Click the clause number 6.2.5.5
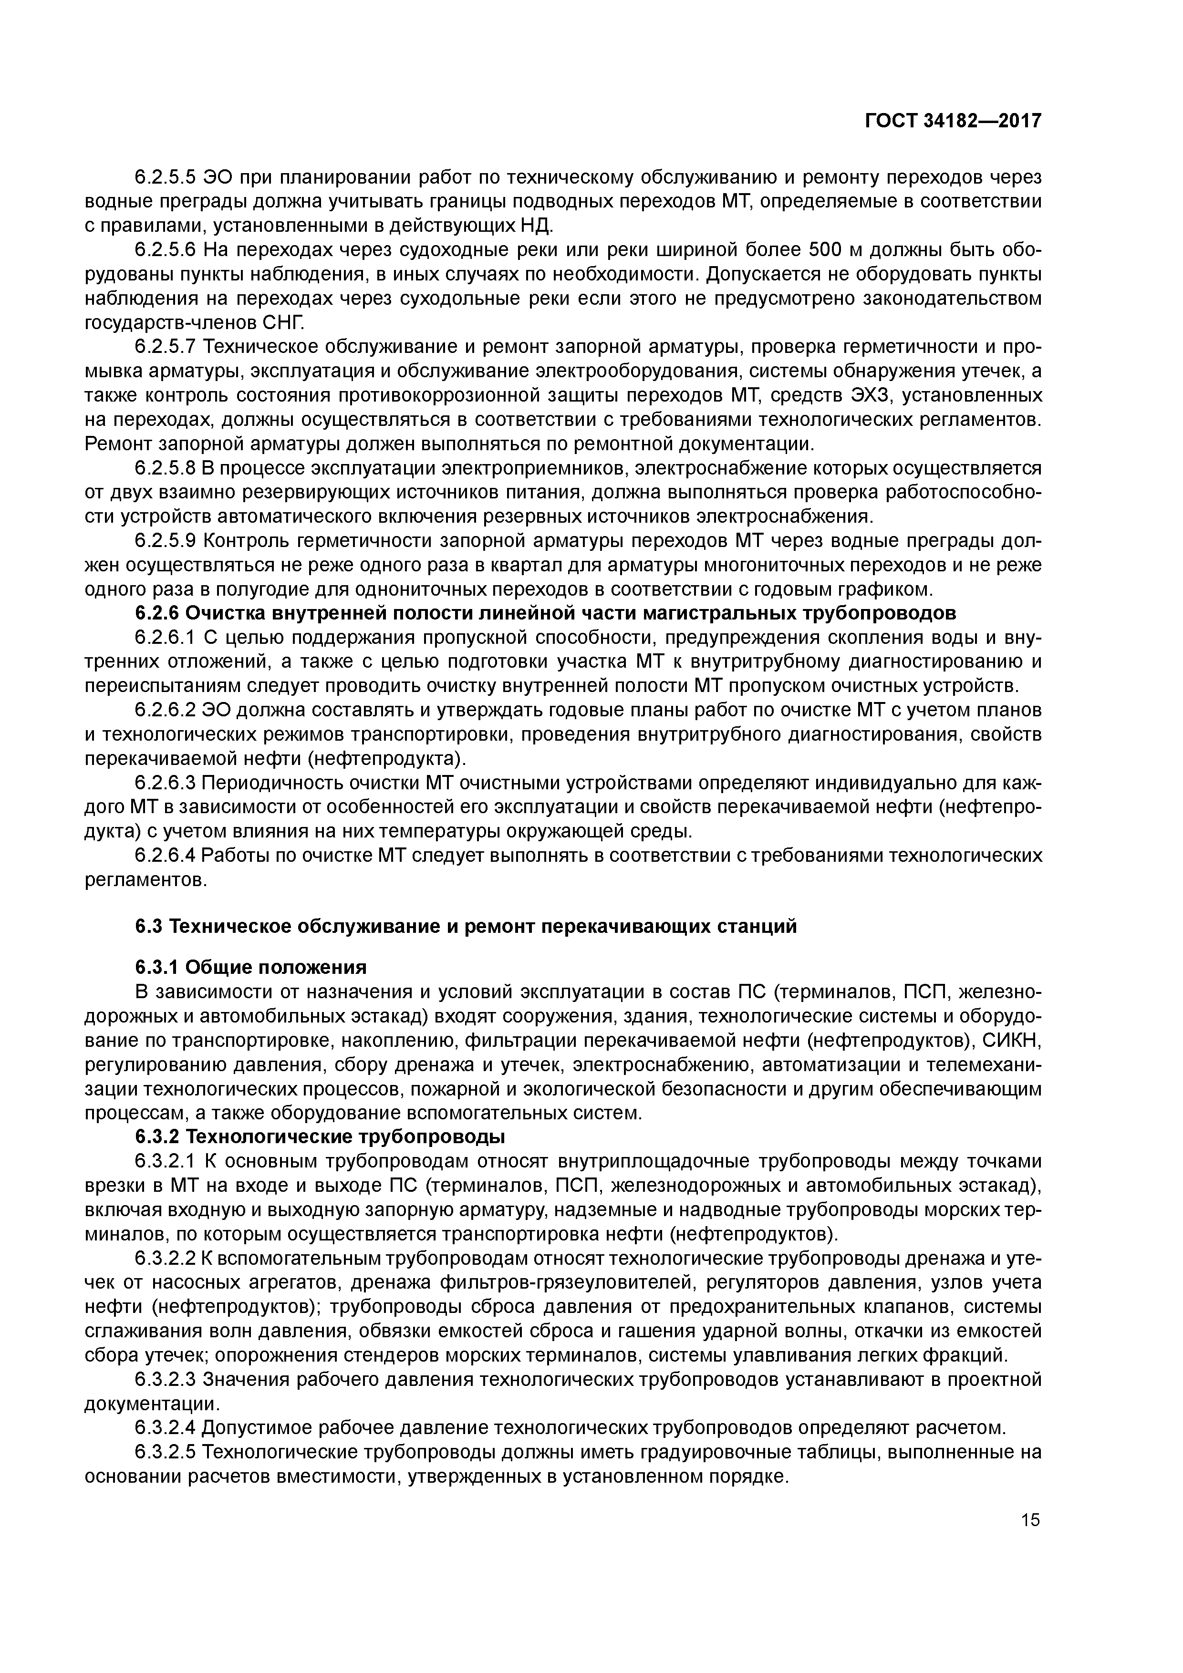tap(166, 177)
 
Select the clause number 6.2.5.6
tap(166, 250)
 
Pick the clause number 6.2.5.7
tap(166, 347)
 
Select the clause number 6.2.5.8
tap(166, 468)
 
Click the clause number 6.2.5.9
tap(166, 541)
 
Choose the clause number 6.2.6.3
tap(166, 783)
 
